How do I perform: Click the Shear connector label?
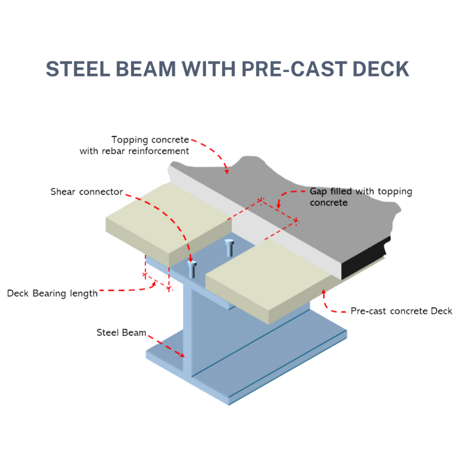pyautogui.click(x=87, y=192)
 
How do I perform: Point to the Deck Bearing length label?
pyautogui.click(x=52, y=293)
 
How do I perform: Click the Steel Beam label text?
pyautogui.click(x=121, y=332)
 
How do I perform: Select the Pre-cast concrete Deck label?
pyautogui.click(x=401, y=311)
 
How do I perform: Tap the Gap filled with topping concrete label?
pyautogui.click(x=361, y=197)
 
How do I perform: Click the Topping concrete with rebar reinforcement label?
pyautogui.click(x=135, y=145)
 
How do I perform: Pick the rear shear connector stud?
pyautogui.click(x=229, y=247)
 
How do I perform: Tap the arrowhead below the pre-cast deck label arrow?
pyautogui.click(x=324, y=292)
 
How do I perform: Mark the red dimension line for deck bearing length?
pyautogui.click(x=156, y=282)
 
